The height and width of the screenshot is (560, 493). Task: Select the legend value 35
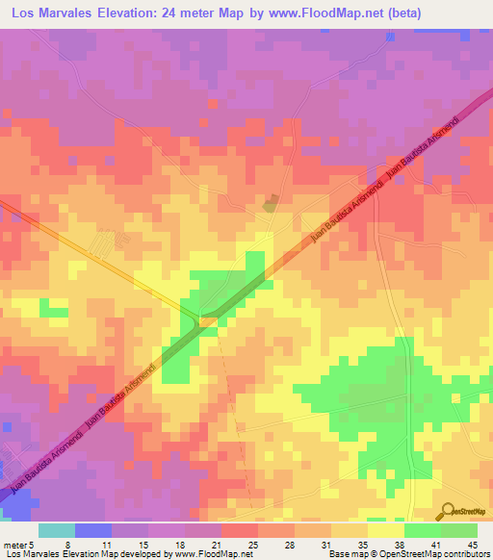(367, 545)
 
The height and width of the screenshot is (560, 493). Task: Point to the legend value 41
(440, 545)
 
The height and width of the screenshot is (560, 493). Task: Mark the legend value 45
(477, 545)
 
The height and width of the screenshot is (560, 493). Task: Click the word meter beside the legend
(14, 545)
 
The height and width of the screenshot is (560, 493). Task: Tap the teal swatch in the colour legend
(57, 530)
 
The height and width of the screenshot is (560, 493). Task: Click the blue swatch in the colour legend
(93, 530)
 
